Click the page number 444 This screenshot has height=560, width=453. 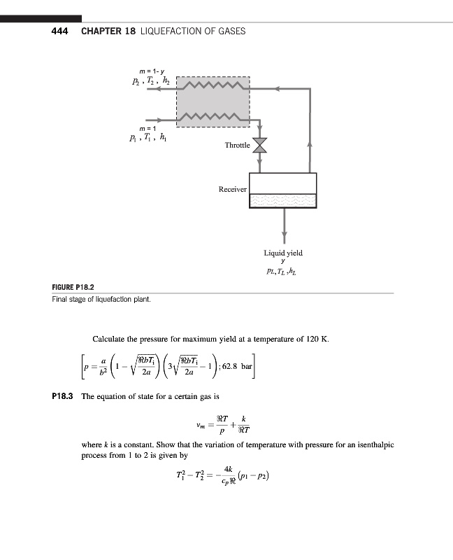tap(59, 31)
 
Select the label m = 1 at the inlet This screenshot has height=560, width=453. tap(147, 129)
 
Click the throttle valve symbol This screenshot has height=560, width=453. tap(261, 146)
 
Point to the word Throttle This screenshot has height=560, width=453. tap(237, 146)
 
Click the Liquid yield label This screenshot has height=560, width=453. tap(283, 253)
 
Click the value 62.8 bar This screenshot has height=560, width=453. tap(240, 366)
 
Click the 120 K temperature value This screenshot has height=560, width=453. tap(314, 339)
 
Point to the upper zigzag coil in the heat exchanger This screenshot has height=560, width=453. tap(213, 87)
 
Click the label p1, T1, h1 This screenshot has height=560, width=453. tap(150, 139)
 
